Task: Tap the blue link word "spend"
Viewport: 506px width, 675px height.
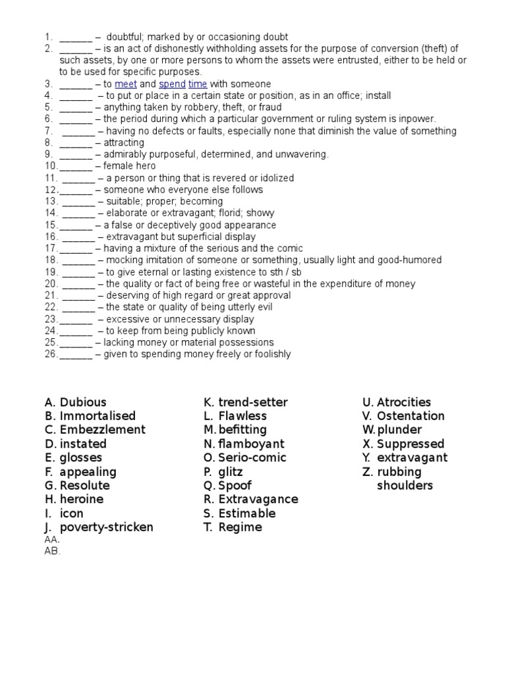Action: coord(172,84)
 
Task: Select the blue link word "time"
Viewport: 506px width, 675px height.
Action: coord(198,84)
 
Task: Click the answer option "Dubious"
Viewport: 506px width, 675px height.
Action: coord(82,402)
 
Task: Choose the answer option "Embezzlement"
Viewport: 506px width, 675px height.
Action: coord(102,430)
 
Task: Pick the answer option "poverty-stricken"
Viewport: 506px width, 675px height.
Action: coord(106,527)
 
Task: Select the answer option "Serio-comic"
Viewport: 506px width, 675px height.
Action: coord(252,457)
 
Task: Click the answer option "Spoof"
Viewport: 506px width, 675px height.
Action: coord(235,486)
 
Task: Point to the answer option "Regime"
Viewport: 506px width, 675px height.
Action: coord(240,527)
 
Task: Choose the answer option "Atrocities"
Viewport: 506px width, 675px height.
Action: coord(404,402)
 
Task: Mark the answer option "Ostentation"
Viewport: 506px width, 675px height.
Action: coord(410,416)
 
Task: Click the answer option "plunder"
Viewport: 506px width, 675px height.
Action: coord(399,430)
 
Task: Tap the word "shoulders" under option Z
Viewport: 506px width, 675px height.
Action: coord(405,486)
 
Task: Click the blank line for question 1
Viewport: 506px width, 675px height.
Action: coord(76,38)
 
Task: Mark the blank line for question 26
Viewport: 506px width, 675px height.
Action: coord(76,354)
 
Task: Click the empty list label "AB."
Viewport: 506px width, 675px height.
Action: coord(52,551)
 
